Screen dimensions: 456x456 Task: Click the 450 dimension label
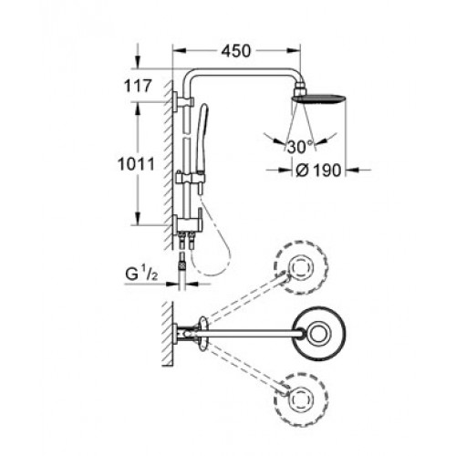pos(236,51)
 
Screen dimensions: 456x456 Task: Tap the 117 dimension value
pos(138,86)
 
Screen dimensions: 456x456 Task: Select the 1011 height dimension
pos(136,164)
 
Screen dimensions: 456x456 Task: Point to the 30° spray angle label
pos(300,147)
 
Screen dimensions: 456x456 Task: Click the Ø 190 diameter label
pos(318,171)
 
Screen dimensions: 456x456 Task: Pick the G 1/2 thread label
pos(141,275)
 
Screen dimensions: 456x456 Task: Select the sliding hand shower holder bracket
pos(191,179)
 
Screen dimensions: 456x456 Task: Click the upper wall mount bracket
pos(183,101)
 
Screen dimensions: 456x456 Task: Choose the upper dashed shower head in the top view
pos(301,267)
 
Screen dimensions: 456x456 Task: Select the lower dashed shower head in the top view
pos(301,399)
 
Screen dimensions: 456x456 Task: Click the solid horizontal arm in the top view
pos(248,334)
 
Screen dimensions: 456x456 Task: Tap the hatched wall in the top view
pos(168,334)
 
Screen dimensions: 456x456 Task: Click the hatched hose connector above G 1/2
pos(181,264)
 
